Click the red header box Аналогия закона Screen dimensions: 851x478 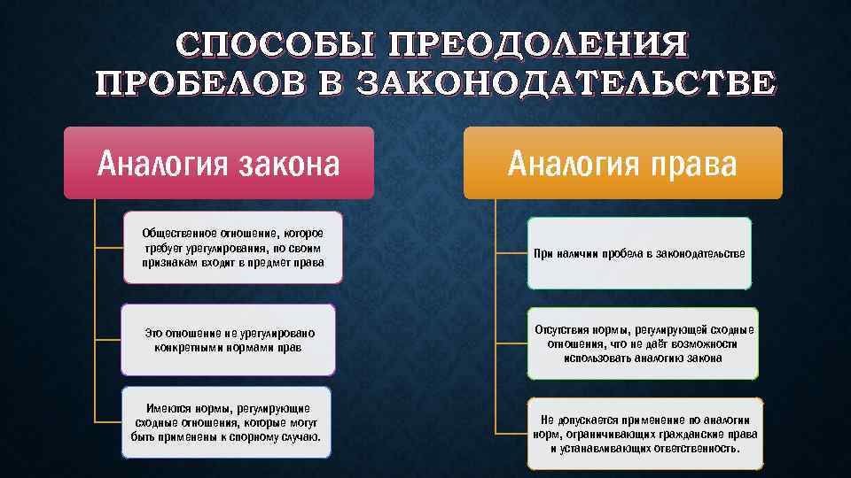(219, 163)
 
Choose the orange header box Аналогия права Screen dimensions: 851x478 (622, 163)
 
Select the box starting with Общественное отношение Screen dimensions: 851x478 (232, 248)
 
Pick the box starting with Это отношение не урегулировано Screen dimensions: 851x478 (229, 340)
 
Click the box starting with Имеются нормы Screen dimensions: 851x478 (226, 423)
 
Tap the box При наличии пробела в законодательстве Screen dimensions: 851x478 (639, 254)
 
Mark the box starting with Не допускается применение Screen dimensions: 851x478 (644, 434)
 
